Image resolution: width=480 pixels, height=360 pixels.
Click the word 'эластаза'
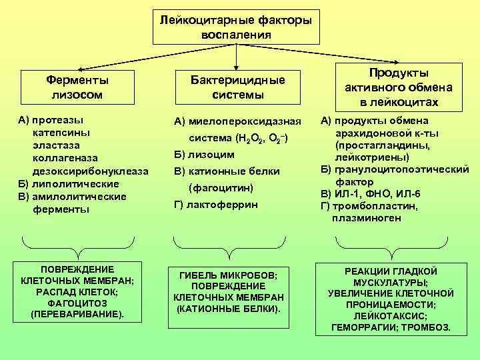tap(55, 146)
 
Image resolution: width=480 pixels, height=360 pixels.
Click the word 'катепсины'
tap(58, 133)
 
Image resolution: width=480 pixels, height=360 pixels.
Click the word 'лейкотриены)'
tap(373, 157)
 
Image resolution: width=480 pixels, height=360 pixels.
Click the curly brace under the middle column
tap(229, 246)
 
